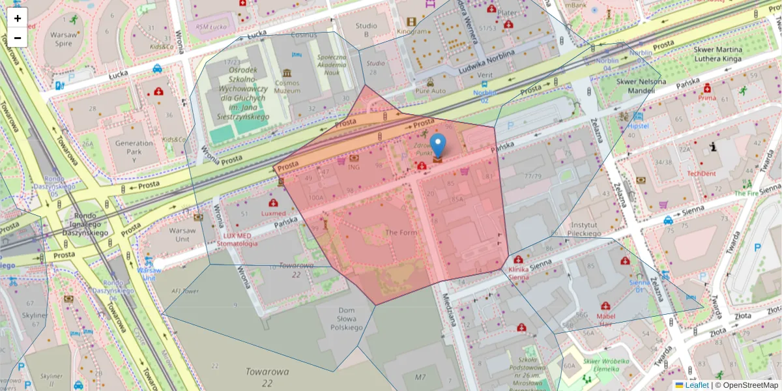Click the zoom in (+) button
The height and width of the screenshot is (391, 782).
pyautogui.click(x=18, y=18)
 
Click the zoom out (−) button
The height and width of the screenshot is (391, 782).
pyautogui.click(x=18, y=38)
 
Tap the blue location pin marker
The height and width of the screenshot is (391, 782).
pyautogui.click(x=439, y=145)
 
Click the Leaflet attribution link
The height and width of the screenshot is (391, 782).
pyautogui.click(x=697, y=385)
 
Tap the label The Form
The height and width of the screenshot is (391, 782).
pyautogui.click(x=400, y=233)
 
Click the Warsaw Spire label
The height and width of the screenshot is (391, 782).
pyautogui.click(x=63, y=38)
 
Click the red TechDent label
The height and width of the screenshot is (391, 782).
pyautogui.click(x=702, y=174)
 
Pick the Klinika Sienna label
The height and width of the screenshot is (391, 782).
pyautogui.click(x=518, y=273)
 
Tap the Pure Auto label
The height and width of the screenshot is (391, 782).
pyautogui.click(x=431, y=91)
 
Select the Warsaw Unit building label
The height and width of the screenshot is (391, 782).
pyautogui.click(x=182, y=235)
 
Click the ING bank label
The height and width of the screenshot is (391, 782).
pyautogui.click(x=354, y=167)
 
